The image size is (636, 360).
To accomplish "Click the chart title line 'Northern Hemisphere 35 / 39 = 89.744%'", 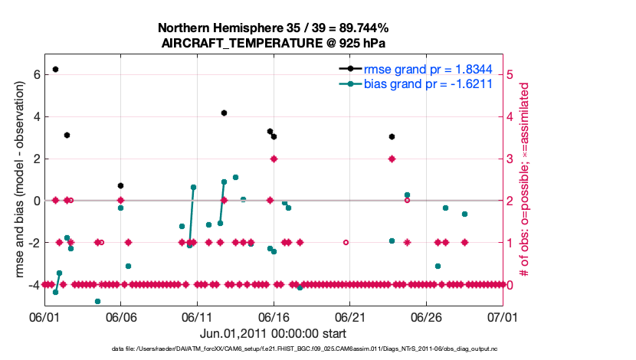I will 273,28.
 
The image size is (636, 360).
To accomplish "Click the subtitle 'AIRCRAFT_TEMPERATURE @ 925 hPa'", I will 273,43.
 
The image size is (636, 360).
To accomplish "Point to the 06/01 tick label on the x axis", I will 44,316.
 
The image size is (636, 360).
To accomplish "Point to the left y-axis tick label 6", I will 35,75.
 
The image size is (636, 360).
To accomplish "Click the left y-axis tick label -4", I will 33,285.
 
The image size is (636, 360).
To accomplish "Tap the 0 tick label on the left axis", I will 35,201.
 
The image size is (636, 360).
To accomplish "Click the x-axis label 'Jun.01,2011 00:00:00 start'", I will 273,333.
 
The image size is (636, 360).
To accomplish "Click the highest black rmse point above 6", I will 55,69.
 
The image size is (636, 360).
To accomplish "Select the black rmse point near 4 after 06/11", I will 224,113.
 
